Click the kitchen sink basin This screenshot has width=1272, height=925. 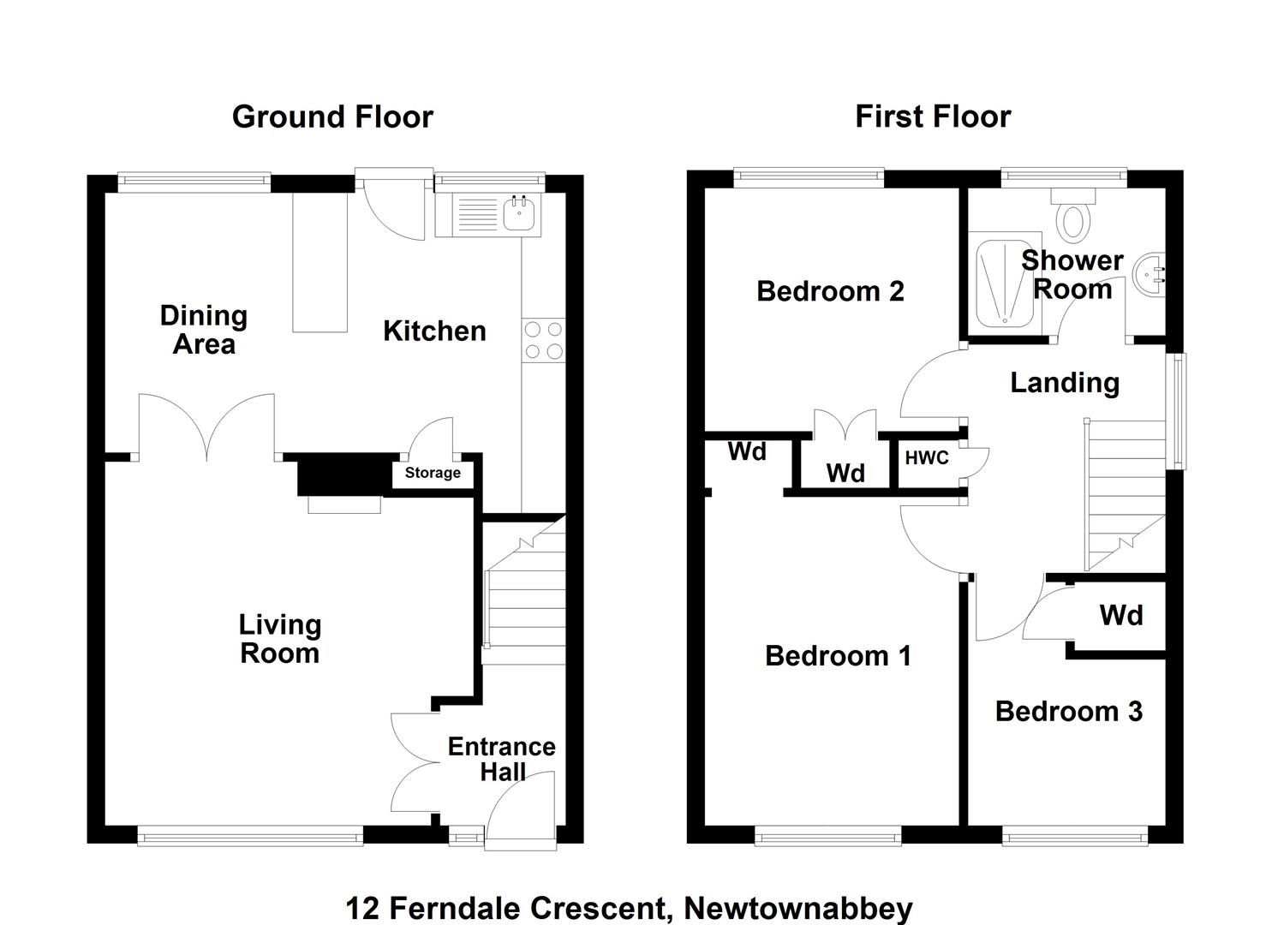(x=518, y=213)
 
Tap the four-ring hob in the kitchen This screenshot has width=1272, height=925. (x=543, y=340)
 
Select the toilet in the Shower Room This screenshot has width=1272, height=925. (x=1072, y=215)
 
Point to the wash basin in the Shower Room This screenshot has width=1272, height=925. (x=1149, y=275)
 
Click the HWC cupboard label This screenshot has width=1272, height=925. (x=927, y=457)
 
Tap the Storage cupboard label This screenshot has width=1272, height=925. (x=433, y=473)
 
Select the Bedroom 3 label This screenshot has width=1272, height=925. (x=1069, y=712)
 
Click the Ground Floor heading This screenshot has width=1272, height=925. (x=332, y=117)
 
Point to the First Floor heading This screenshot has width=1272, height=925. (x=933, y=116)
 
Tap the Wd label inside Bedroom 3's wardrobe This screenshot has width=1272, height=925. (x=1121, y=615)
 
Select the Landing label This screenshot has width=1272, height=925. (x=1065, y=383)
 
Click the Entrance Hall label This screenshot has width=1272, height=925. (x=502, y=759)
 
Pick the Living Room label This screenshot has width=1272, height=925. (x=280, y=639)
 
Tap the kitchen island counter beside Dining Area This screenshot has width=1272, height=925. (x=319, y=262)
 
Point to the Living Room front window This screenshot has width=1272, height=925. (x=250, y=836)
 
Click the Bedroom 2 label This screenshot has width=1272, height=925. (x=830, y=291)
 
